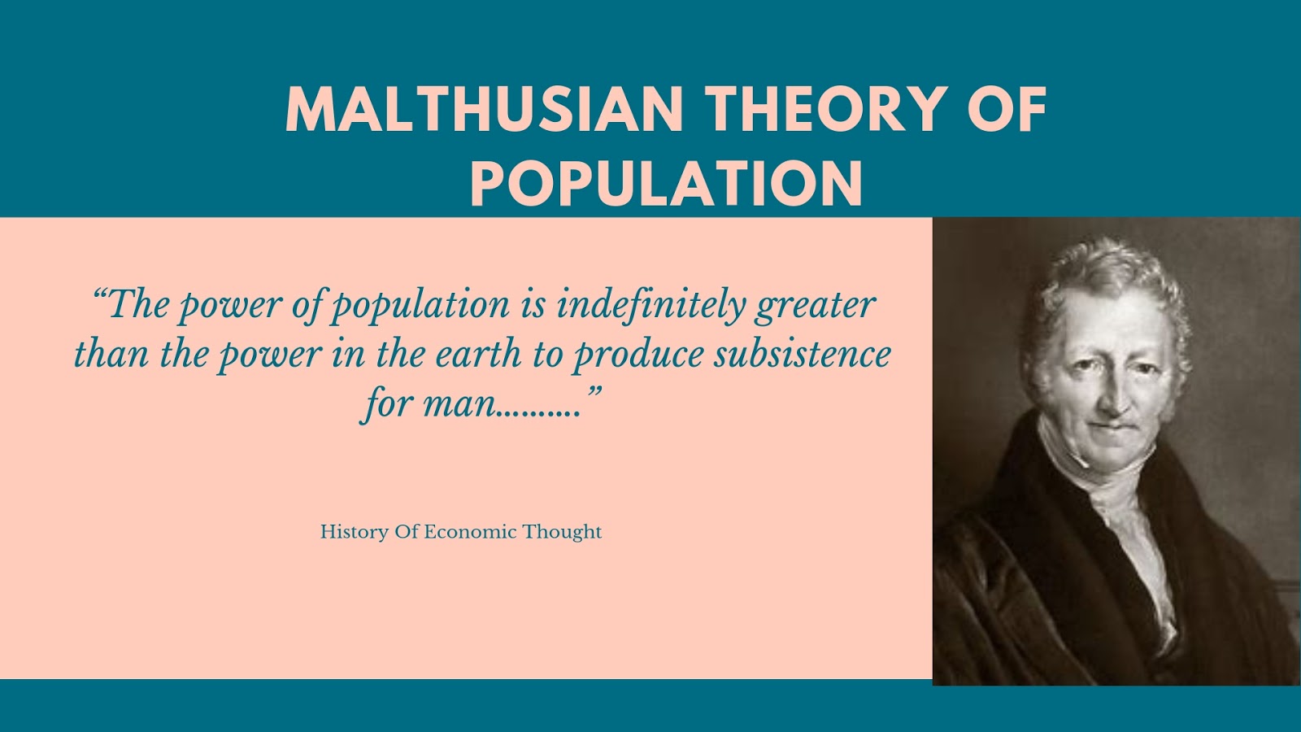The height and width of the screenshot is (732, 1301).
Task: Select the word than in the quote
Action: (x=111, y=354)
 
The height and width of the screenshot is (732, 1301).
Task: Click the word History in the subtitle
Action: (x=354, y=533)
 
